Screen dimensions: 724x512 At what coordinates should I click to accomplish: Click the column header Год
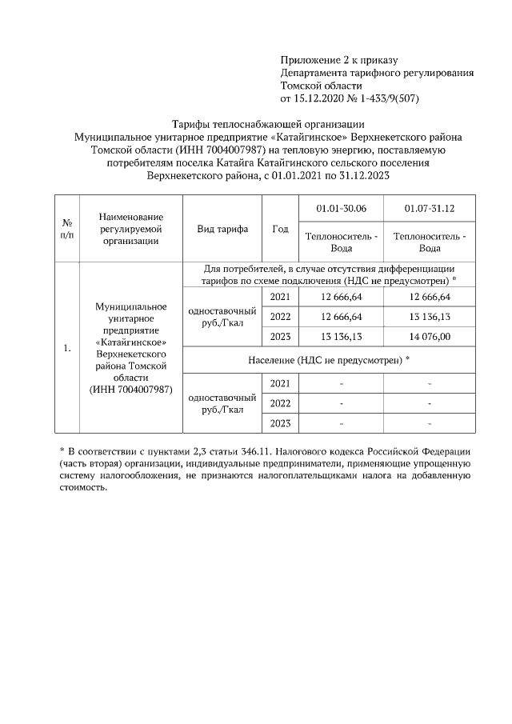click(280, 229)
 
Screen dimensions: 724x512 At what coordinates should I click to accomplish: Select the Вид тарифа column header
click(222, 229)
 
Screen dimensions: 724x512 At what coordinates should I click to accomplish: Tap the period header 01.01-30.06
click(341, 208)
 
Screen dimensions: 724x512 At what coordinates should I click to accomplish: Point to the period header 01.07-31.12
click(430, 208)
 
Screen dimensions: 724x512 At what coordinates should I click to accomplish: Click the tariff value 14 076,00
click(430, 336)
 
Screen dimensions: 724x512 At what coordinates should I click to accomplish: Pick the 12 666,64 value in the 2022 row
click(341, 317)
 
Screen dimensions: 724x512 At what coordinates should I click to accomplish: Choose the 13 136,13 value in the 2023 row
click(341, 336)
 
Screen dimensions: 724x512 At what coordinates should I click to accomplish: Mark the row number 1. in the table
click(68, 348)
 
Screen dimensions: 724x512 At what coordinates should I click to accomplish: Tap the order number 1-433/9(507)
click(386, 98)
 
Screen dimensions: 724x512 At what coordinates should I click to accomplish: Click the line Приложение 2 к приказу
click(339, 60)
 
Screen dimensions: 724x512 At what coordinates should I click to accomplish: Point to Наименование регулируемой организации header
click(132, 229)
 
